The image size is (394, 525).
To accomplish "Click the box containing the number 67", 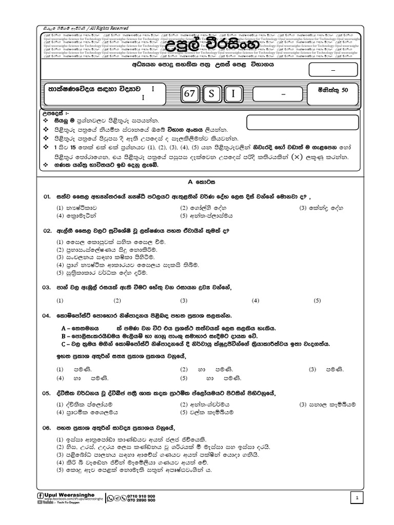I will (x=189, y=93).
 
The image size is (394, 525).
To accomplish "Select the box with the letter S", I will (x=211, y=93).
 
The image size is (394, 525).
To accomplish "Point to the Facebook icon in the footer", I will (x=41, y=495).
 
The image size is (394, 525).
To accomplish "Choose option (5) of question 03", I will (x=317, y=300).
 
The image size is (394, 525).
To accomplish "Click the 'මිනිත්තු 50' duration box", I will (x=330, y=90).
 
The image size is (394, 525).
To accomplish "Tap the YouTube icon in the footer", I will (x=40, y=502).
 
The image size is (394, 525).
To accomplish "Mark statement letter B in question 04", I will (x=63, y=336).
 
